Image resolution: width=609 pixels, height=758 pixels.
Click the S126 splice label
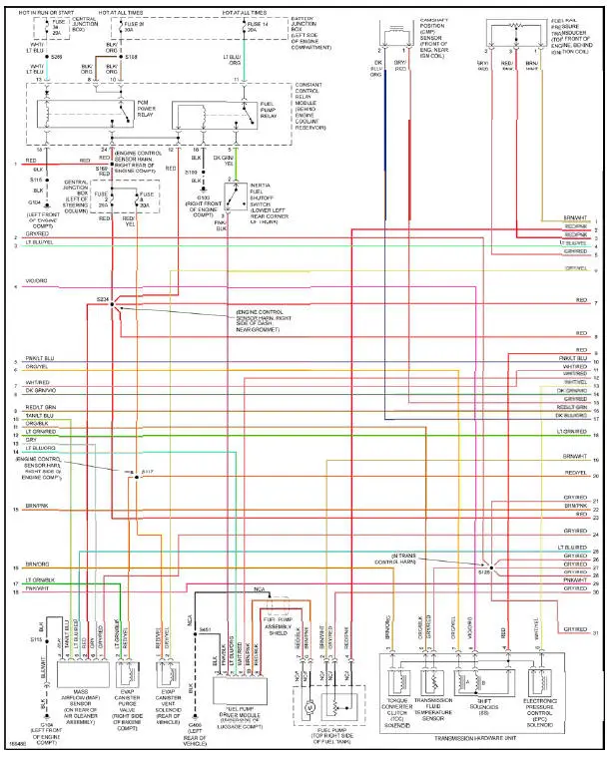tap(484, 572)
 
